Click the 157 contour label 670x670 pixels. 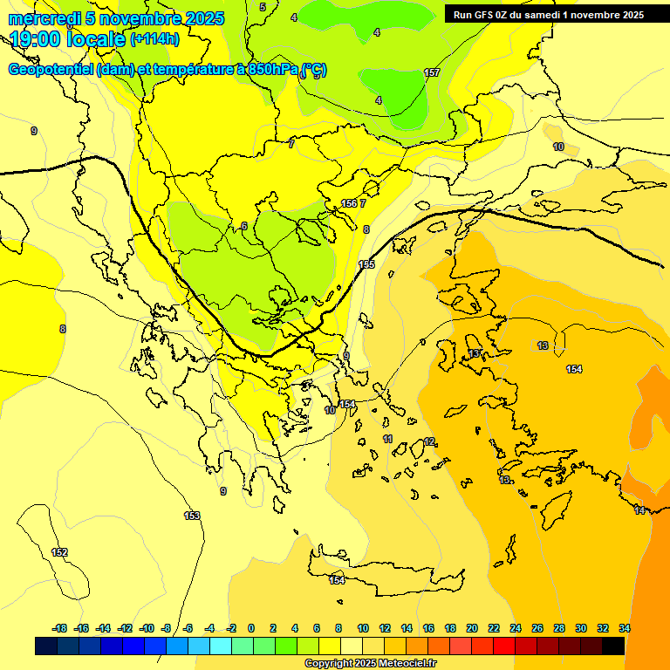click(432, 72)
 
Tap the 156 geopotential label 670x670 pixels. click(349, 203)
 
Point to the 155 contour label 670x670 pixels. click(366, 264)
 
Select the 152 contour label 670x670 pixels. click(59, 552)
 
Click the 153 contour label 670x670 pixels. click(192, 516)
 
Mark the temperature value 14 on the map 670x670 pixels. click(639, 510)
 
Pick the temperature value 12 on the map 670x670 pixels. click(429, 442)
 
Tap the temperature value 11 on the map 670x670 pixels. click(387, 438)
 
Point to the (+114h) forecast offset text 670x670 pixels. click(154, 38)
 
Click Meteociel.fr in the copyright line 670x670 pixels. click(403, 664)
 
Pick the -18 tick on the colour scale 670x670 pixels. click(59, 628)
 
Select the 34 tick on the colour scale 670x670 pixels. click(624, 628)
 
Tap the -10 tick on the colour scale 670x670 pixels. click(146, 628)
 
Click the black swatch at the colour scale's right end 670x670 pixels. click(613, 646)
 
